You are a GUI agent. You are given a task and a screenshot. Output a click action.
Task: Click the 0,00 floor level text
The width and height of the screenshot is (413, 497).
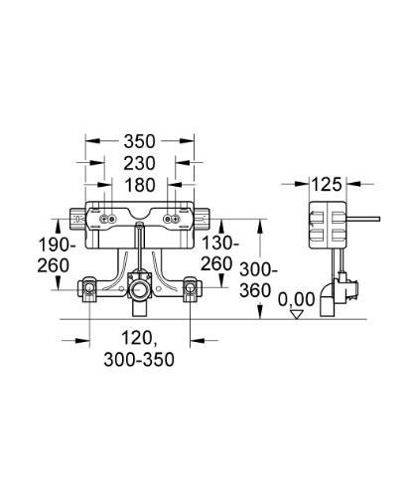coord(297,297)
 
